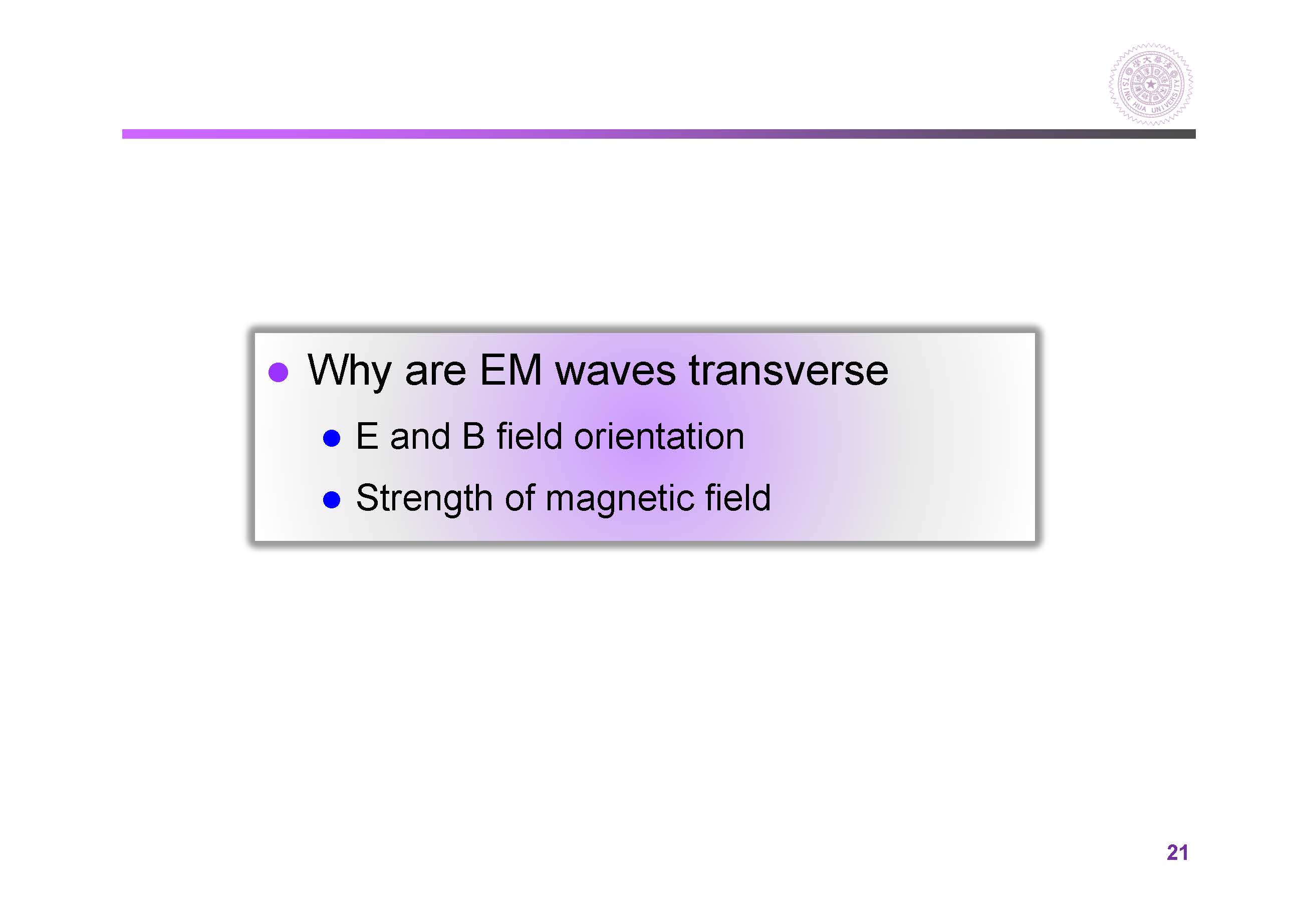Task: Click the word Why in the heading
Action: [349, 371]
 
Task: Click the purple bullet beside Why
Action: [279, 372]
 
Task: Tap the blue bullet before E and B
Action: [332, 438]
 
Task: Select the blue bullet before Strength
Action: [332, 499]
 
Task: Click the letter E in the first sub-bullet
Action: [367, 436]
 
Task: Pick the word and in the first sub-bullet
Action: [420, 436]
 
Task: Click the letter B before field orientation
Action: [473, 436]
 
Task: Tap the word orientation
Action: [659, 436]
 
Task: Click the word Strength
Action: [424, 499]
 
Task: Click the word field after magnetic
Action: [738, 497]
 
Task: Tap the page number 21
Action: [1177, 852]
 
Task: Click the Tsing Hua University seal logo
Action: [1151, 84]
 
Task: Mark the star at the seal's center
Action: [1151, 85]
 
